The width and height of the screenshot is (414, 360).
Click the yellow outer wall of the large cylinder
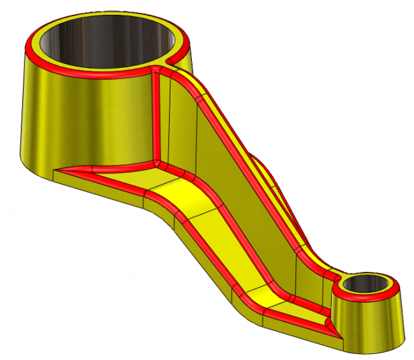[81, 121]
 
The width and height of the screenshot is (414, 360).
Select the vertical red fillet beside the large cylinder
[156, 114]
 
